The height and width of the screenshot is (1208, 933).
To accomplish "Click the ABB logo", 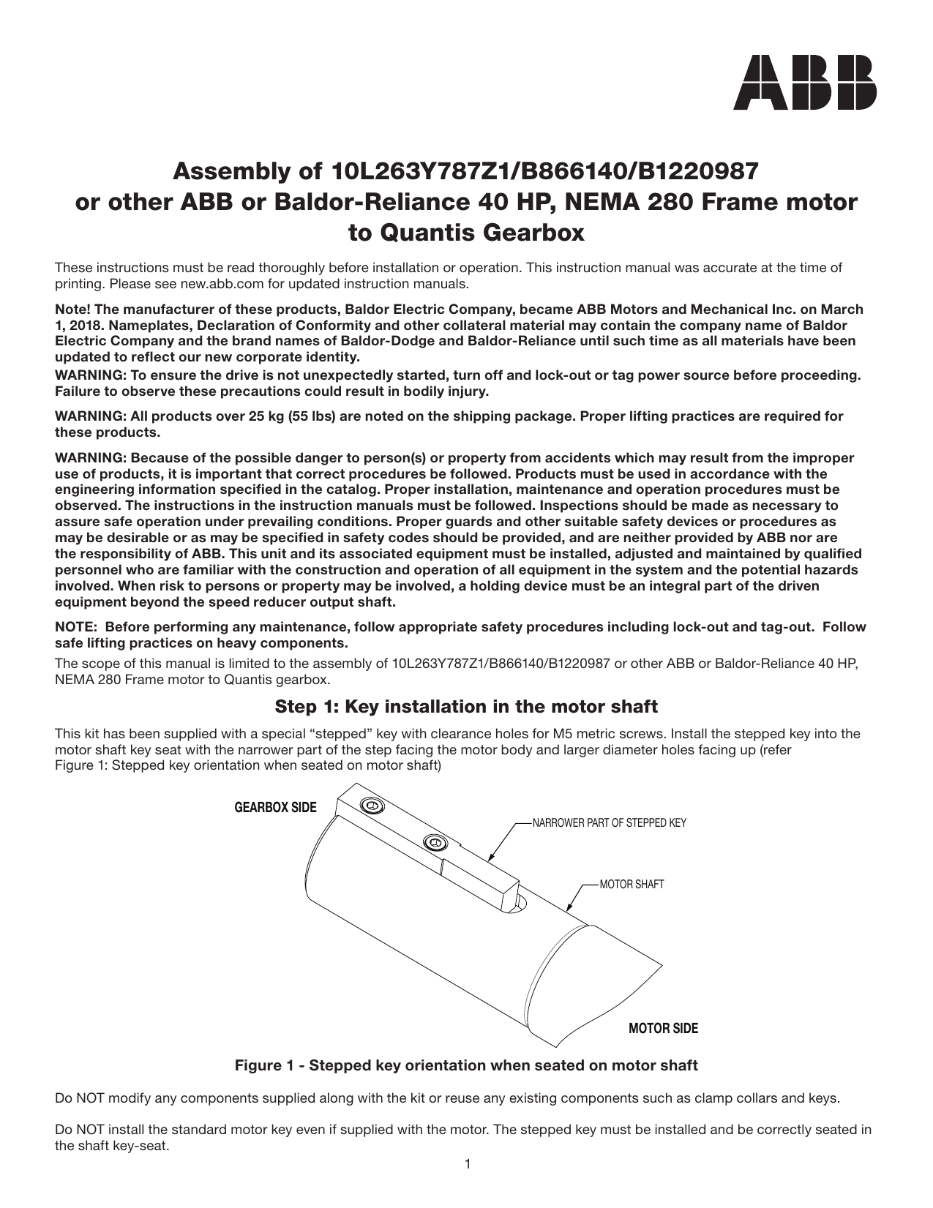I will pos(805,82).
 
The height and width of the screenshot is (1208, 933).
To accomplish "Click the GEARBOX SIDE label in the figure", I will pos(275,808).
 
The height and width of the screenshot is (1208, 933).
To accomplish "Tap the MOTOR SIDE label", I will pos(663,1029).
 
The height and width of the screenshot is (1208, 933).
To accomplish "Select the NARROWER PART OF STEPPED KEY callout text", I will pos(610,823).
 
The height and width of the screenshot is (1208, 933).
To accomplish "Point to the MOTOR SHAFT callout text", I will pos(632,885).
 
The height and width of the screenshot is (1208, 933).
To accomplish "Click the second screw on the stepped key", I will pos(435,844).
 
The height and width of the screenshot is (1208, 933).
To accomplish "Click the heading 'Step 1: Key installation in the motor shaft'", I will pos(466,707).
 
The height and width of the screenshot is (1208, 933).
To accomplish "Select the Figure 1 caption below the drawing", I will pos(466,1065).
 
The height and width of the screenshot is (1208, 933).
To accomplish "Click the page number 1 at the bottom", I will pos(467,1164).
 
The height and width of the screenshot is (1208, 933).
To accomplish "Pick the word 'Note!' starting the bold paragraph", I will pos(72,309).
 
